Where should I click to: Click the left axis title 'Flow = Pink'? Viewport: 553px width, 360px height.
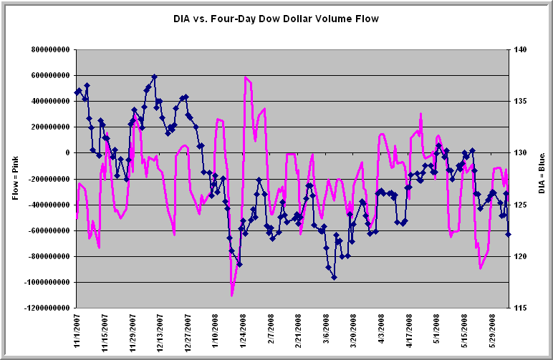tap(15, 178)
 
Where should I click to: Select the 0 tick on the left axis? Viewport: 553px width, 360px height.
tap(67, 152)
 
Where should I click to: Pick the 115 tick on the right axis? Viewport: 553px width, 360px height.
tap(520, 308)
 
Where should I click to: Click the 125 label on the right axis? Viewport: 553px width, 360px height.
tap(520, 205)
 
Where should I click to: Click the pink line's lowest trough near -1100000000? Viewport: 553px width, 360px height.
tap(232, 295)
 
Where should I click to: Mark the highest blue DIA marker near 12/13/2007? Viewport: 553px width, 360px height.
tap(154, 77)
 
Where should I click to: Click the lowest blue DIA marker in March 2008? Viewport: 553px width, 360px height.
tap(334, 277)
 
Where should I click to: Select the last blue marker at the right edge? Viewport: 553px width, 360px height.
tap(508, 234)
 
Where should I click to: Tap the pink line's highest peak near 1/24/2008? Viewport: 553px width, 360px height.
tap(245, 77)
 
